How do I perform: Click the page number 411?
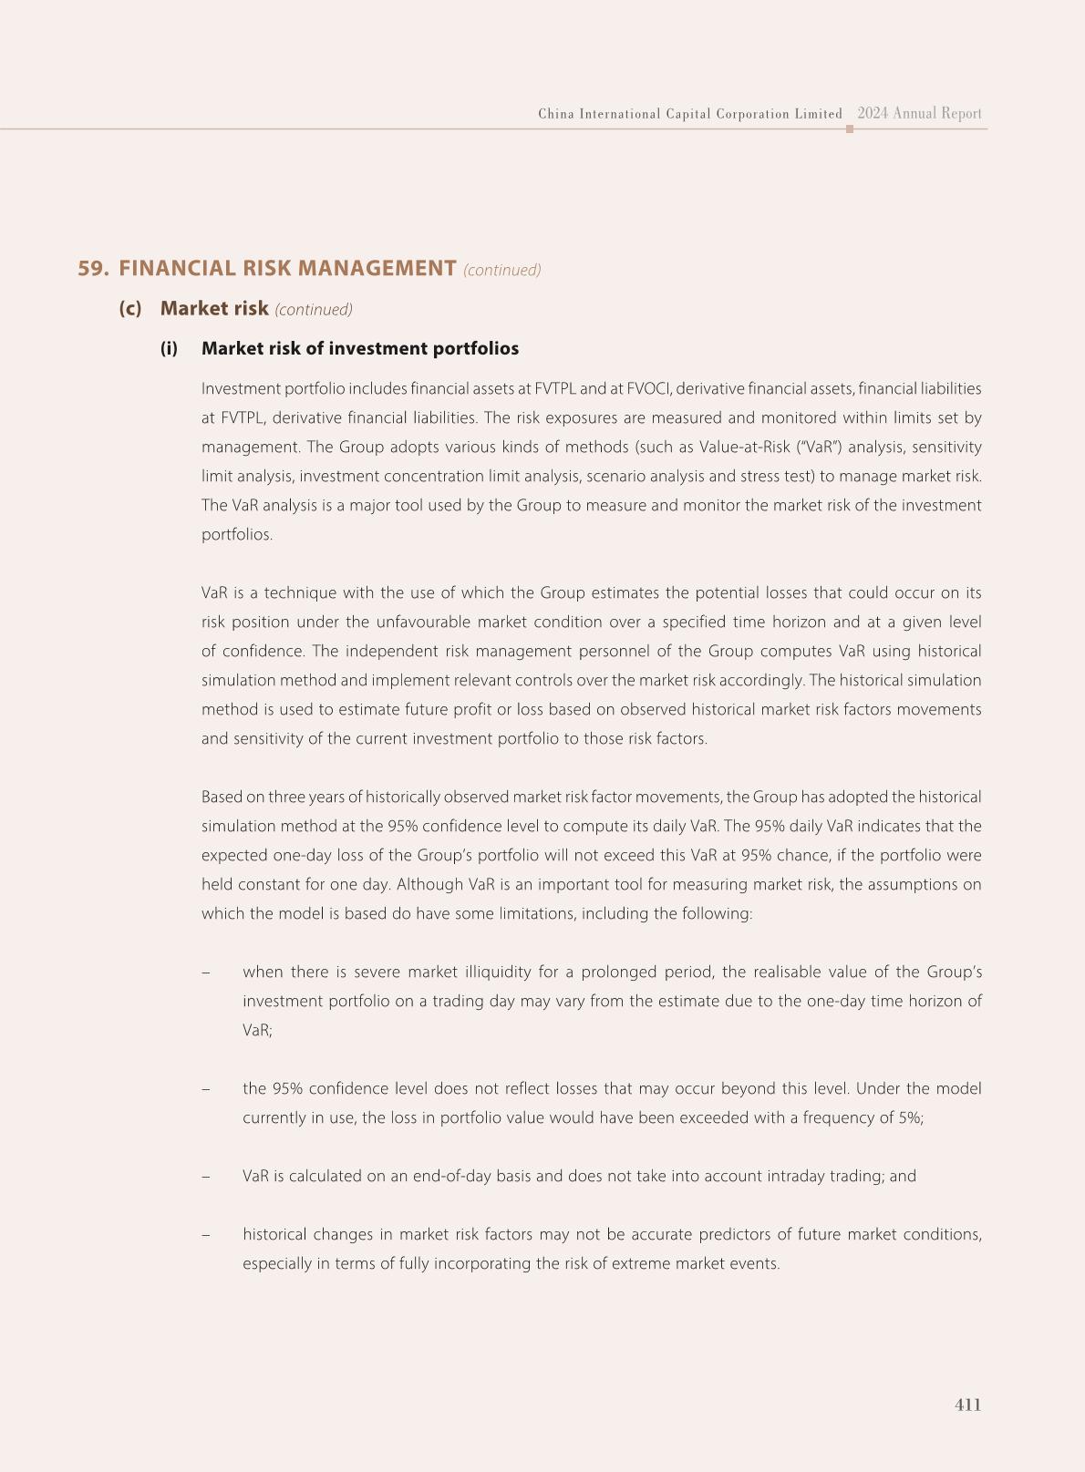pos(967,1405)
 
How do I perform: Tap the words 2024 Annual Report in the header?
pos(919,114)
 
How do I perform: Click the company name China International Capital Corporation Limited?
pos(690,114)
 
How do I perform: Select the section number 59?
pos(93,268)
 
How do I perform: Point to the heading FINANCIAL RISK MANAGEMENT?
pos(287,268)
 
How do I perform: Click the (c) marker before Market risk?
pos(130,308)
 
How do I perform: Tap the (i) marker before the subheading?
pos(169,348)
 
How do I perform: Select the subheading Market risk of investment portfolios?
pos(360,348)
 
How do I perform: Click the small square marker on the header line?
pos(850,129)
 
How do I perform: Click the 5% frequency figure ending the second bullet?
pos(909,1117)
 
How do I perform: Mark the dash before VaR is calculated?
pos(206,1176)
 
